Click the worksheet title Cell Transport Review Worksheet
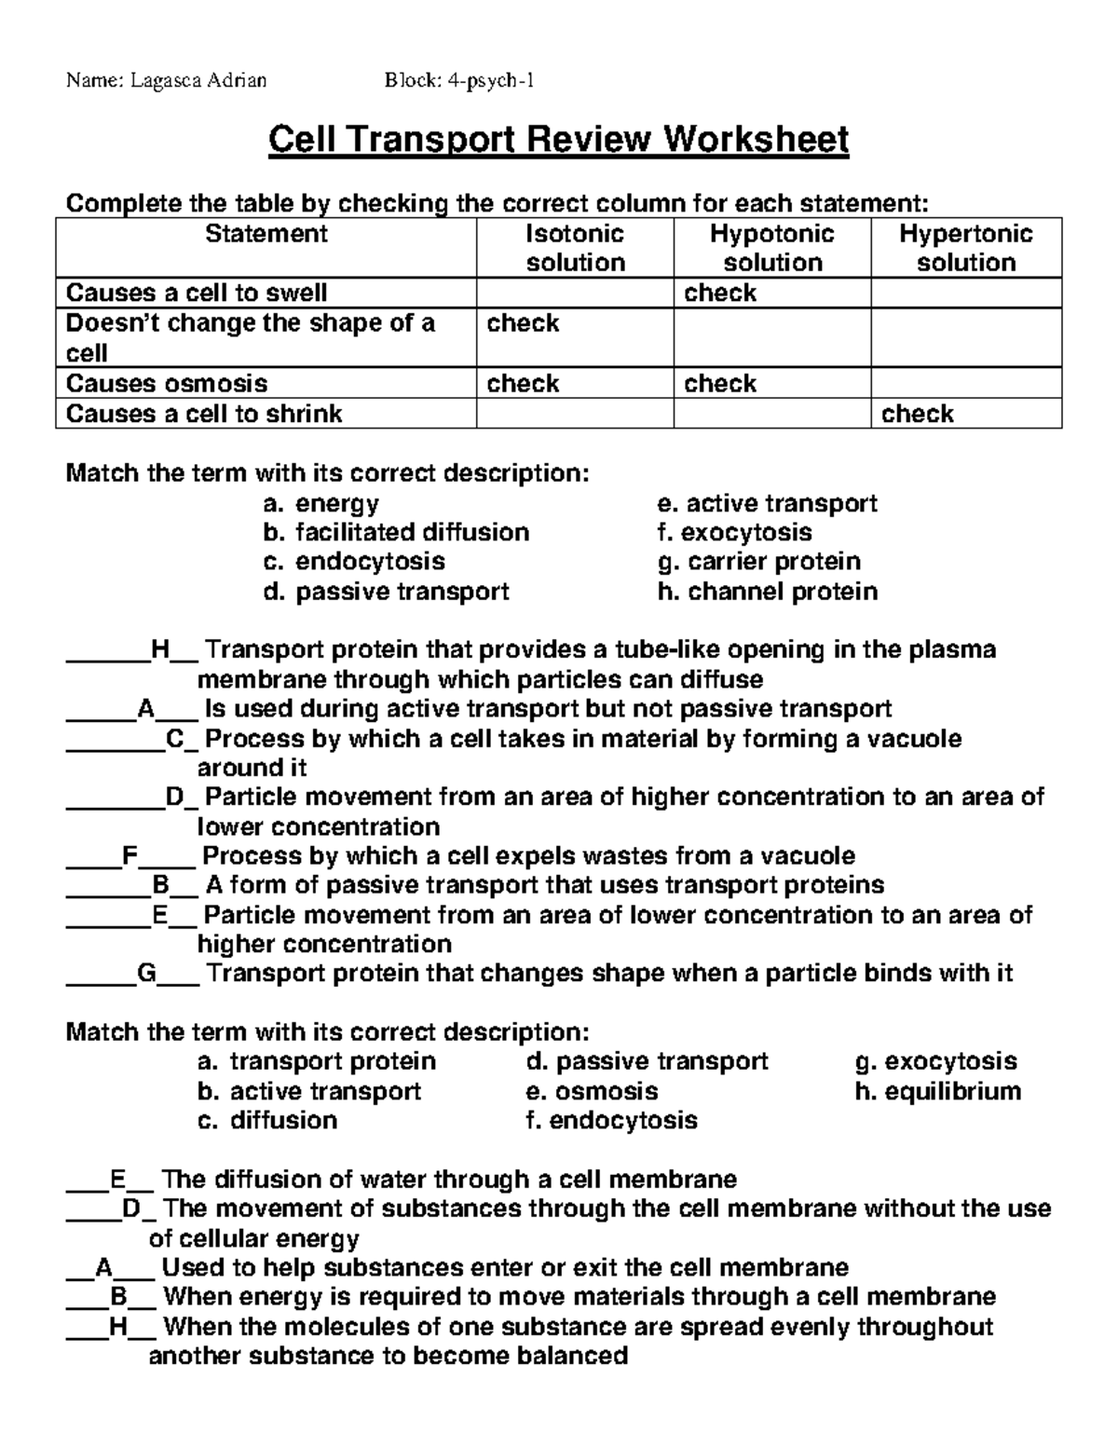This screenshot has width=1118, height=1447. (x=558, y=141)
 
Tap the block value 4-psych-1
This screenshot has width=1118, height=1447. (x=489, y=80)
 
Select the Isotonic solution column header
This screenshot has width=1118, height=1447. (x=575, y=248)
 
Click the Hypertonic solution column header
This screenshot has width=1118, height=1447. (x=966, y=248)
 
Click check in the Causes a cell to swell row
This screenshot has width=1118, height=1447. (x=720, y=293)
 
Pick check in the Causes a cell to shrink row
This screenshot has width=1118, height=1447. (x=918, y=414)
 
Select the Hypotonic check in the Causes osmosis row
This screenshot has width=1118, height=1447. (x=720, y=384)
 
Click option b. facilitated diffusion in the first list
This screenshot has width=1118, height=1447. (x=396, y=532)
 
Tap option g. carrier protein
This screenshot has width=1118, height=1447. (x=759, y=562)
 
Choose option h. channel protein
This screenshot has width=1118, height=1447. (x=768, y=592)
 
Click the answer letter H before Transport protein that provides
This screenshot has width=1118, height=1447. (x=159, y=650)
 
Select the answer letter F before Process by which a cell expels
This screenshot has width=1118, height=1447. (x=130, y=856)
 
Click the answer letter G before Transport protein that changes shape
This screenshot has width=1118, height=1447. (x=147, y=974)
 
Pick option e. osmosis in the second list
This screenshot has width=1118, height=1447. (x=593, y=1091)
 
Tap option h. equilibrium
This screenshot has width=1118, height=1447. (x=938, y=1091)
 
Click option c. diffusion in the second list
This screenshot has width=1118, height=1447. (x=267, y=1120)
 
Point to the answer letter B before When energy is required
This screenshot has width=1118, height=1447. (x=118, y=1297)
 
